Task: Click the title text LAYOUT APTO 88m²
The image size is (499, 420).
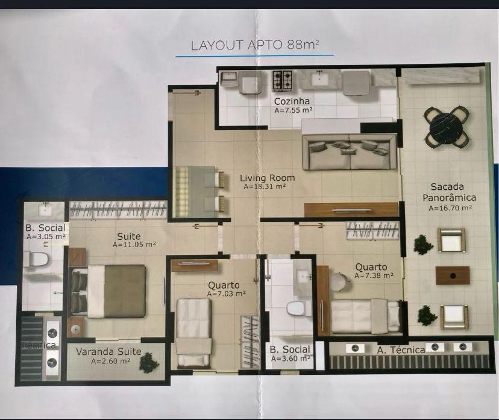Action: (254, 45)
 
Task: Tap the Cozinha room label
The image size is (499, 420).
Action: (292, 101)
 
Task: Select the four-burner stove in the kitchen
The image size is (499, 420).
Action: (282, 80)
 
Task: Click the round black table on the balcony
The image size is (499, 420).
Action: (447, 127)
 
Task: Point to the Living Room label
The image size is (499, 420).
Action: (268, 178)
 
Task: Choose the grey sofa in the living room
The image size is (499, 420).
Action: (350, 152)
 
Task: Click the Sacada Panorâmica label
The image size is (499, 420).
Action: (450, 192)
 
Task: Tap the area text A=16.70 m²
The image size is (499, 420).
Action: (450, 208)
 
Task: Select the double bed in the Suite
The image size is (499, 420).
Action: (108, 291)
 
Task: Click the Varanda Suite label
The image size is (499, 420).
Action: (108, 351)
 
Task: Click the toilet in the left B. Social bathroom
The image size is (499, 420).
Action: (36, 259)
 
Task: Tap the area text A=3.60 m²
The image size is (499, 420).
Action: (291, 359)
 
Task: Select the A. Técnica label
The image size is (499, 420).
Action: (401, 350)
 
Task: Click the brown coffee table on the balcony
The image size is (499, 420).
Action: (452, 275)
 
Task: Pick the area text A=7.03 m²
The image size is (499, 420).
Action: (226, 293)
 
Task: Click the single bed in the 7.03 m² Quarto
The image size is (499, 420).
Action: (194, 332)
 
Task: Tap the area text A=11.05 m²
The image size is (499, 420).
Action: (134, 245)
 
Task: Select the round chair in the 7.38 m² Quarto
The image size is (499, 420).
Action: (337, 281)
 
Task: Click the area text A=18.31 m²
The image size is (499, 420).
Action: (265, 186)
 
